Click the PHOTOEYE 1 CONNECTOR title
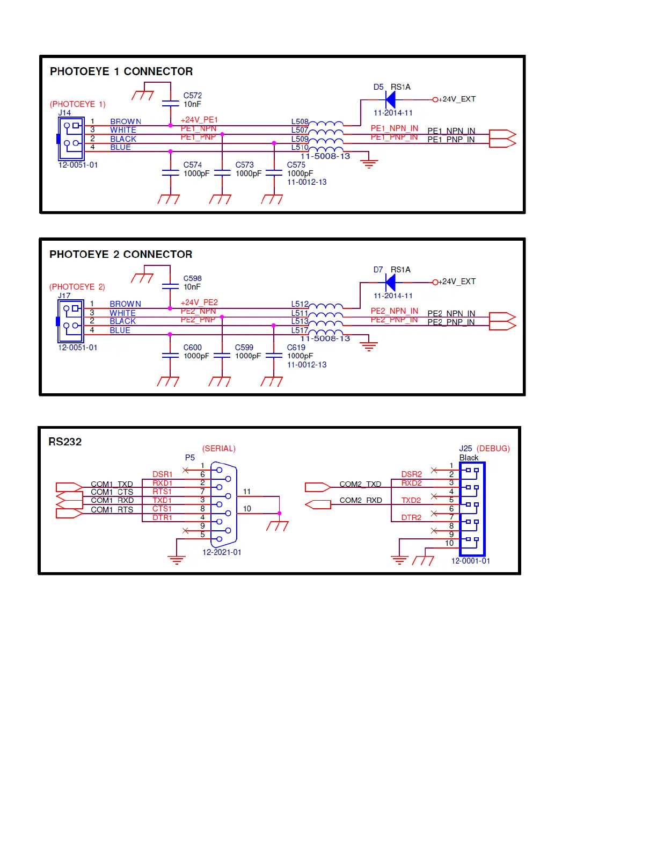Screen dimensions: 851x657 tap(121, 71)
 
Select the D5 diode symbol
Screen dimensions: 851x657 tap(391, 99)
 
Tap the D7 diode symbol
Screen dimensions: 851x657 tap(391, 282)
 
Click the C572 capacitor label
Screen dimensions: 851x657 tap(193, 96)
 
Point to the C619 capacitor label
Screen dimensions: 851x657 tap(296, 348)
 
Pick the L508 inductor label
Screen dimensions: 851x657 tap(300, 122)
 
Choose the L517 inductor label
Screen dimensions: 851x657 tap(300, 330)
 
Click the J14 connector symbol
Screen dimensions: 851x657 tap(71, 139)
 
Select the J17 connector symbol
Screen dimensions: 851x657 tap(70, 321)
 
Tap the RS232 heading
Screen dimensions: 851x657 tap(65, 442)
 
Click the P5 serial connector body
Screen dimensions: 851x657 tap(224, 504)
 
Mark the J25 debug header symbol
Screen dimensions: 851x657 tap(472, 509)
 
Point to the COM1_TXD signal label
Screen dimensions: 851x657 tap(112, 484)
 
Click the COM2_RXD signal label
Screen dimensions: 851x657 tap(361, 500)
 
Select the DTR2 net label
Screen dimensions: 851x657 tap(411, 517)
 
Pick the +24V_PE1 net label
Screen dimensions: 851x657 tap(199, 120)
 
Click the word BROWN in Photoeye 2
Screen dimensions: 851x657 tap(125, 304)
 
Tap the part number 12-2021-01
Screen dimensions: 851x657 tap(222, 552)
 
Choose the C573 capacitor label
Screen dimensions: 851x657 tap(244, 165)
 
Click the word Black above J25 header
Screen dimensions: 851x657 tap(469, 458)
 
